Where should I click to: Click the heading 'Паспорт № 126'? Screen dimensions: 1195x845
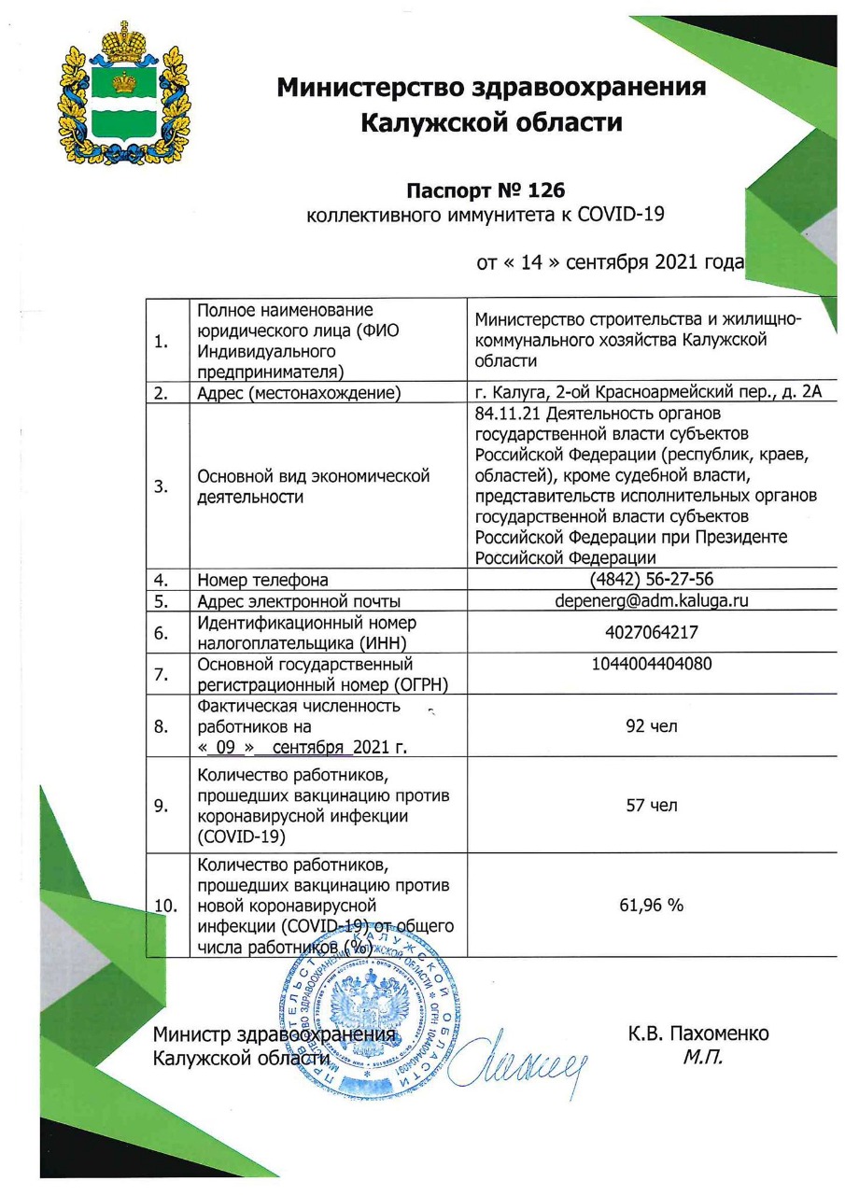[485, 191]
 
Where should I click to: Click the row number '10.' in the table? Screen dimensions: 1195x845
[164, 905]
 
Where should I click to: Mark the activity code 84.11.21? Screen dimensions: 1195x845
[509, 412]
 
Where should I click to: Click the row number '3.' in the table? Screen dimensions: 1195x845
[161, 485]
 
